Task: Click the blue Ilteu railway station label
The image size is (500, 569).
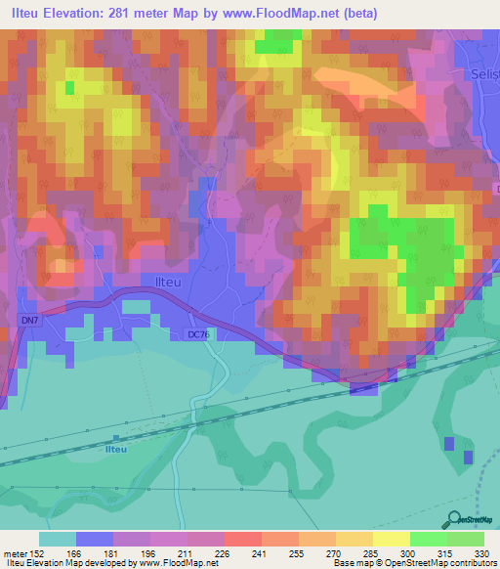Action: click(116, 449)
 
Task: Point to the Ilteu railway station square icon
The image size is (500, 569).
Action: click(116, 438)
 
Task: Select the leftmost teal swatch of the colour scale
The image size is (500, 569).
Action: click(58, 539)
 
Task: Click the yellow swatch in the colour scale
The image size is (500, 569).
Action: click(392, 539)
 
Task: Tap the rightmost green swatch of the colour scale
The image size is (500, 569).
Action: click(466, 539)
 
